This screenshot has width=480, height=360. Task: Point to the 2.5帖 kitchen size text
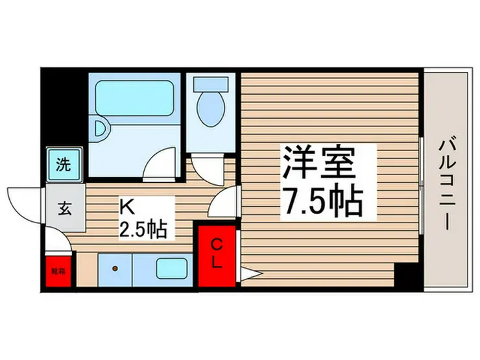(143, 228)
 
